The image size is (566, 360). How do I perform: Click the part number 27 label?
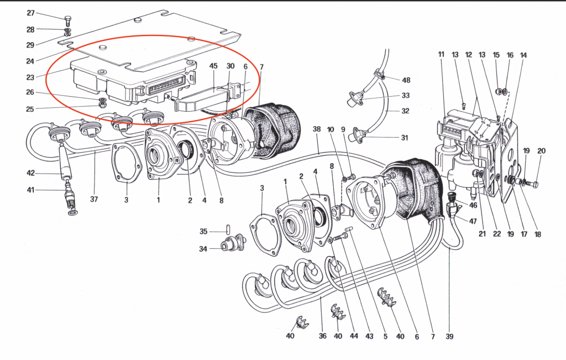tap(31, 13)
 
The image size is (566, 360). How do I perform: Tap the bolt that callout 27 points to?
tap(67, 20)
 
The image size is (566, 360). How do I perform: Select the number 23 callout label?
tap(30, 77)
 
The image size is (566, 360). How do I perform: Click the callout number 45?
tap(213, 66)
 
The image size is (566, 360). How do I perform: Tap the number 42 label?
tap(31, 173)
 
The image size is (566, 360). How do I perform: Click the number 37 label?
tap(94, 199)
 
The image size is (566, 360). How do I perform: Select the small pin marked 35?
tap(229, 229)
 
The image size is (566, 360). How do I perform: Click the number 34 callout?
tap(203, 249)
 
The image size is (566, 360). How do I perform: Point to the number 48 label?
tap(406, 80)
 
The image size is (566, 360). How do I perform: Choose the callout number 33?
tap(405, 95)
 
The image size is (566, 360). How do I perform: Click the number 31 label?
tap(404, 138)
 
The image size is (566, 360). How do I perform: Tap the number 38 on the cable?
tap(317, 129)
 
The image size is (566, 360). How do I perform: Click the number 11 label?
tap(441, 55)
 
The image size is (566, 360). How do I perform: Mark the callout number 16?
tap(510, 55)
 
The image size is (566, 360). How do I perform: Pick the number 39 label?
tap(449, 337)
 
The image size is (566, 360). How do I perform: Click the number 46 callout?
tap(473, 205)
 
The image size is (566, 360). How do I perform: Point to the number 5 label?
tap(385, 337)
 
